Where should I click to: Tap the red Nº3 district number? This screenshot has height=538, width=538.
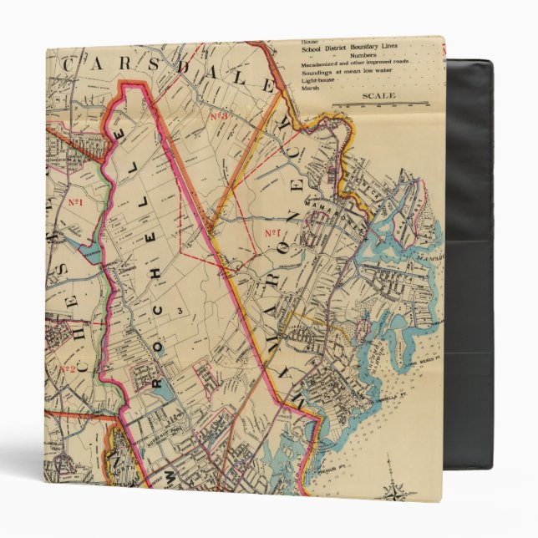click(x=218, y=116)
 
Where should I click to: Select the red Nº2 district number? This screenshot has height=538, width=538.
click(x=67, y=368)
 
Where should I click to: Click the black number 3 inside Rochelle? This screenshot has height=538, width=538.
click(x=178, y=309)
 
